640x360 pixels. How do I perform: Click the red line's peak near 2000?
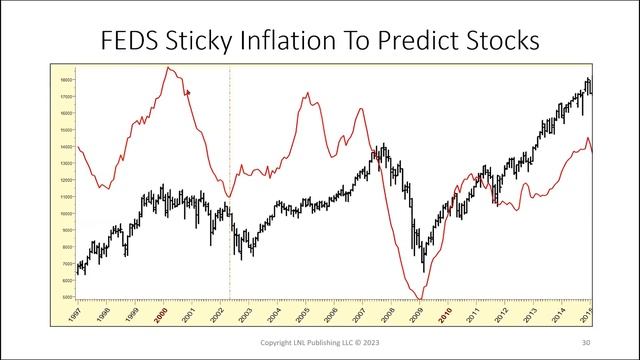pos(169,68)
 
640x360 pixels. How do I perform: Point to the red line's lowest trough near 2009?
pos(420,298)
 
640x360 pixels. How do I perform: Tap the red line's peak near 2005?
pos(307,93)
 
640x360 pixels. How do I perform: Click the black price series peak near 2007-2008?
pos(381,148)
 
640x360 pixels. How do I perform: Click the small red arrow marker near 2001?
pos(187,92)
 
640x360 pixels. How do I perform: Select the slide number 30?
pos(585,343)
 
